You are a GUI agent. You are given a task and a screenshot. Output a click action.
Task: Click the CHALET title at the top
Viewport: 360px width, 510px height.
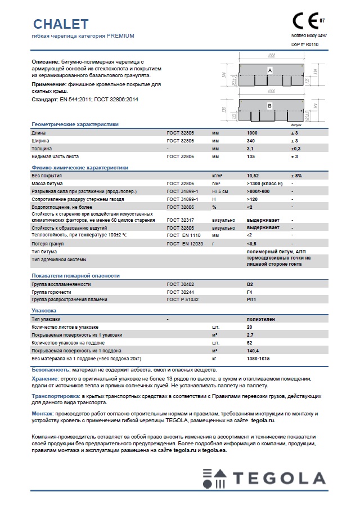coord(60,24)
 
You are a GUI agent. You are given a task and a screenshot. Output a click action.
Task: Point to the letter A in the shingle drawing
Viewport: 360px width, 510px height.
coord(270,70)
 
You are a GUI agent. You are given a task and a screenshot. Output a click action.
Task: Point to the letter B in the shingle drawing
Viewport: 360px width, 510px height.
coord(269,106)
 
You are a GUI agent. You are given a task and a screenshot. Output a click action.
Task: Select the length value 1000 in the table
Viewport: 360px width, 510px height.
coord(253,132)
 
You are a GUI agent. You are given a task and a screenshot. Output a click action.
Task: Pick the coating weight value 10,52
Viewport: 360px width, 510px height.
coord(253,176)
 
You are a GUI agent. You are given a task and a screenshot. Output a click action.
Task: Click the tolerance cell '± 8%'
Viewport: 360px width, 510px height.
coord(296,176)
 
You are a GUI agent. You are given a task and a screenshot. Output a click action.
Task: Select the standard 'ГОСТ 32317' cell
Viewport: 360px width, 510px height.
coord(180,220)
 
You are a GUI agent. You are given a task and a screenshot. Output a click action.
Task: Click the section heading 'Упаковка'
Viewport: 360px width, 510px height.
coord(44,310)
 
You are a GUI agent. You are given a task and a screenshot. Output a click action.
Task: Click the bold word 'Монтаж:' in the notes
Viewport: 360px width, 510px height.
coord(43,413)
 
